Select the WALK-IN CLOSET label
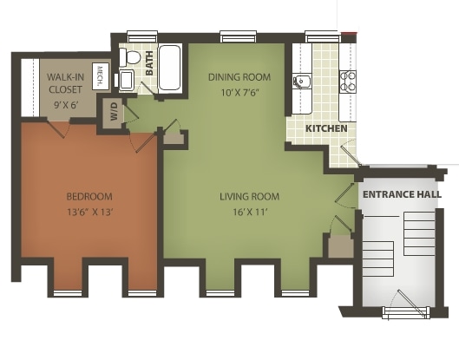coord(66,82)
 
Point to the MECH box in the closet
coord(100,76)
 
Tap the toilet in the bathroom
coord(130,58)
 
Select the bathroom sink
coord(126,82)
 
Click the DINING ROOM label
coord(234,76)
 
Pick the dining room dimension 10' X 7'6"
coord(234,92)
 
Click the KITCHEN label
coord(326,128)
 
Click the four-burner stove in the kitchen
coord(348,82)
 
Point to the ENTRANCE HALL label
coord(402,194)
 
